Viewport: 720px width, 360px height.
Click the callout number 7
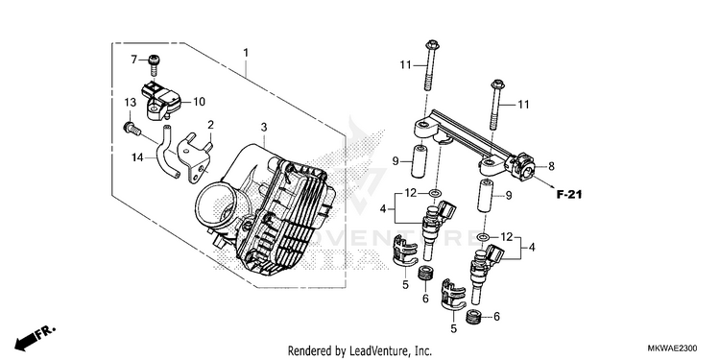[134, 60]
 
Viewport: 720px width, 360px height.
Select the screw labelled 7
[153, 65]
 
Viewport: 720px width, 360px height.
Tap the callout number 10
[199, 102]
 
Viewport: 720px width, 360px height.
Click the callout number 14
[137, 158]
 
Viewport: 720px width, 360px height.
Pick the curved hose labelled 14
[167, 152]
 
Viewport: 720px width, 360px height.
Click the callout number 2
[211, 125]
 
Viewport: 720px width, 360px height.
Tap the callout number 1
[246, 53]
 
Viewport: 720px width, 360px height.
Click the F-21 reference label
[569, 194]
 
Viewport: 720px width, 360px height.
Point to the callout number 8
[551, 166]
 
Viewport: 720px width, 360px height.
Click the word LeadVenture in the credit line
[372, 351]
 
